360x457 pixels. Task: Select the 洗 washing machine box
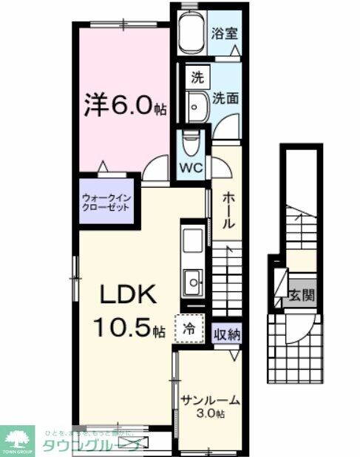pos(197,76)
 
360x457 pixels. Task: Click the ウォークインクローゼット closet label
pos(106,202)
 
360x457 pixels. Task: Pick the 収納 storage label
pos(227,334)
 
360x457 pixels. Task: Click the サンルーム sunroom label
pos(210,401)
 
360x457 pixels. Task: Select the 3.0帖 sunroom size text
pos(211,414)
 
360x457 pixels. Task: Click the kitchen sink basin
pos(193,281)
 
